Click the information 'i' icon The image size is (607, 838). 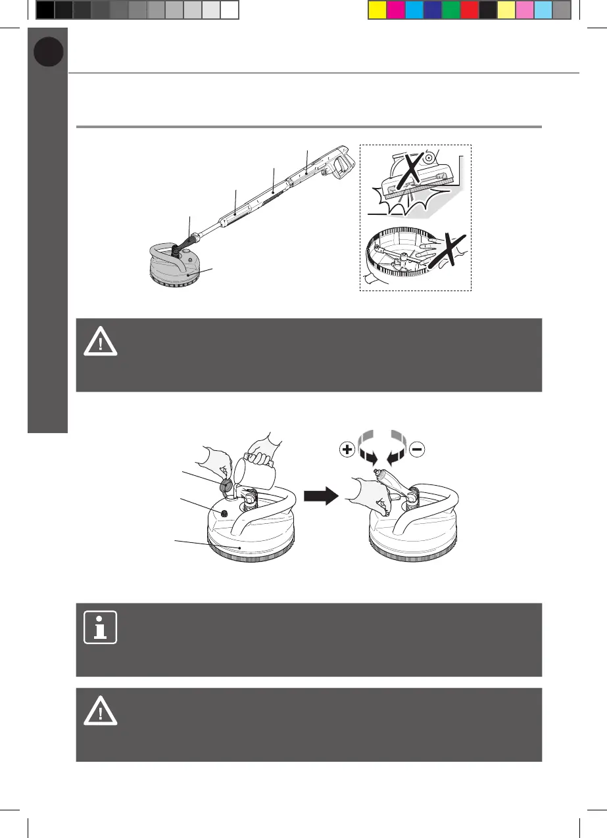tap(101, 627)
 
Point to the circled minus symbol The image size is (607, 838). tap(418, 450)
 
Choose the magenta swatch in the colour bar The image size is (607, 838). tap(395, 10)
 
